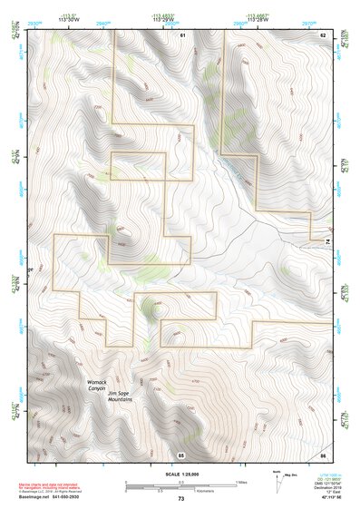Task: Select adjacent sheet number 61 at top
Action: pyautogui.click(x=181, y=34)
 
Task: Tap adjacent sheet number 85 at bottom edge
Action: pyautogui.click(x=181, y=454)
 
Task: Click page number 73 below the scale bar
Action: pyautogui.click(x=180, y=499)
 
